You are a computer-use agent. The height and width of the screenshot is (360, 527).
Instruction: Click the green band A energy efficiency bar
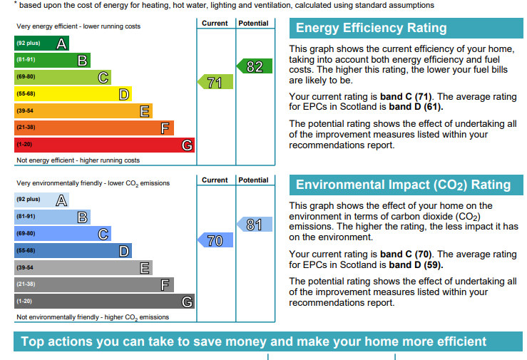coord(41,43)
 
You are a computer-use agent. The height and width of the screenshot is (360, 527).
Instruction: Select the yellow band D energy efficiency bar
coord(73,94)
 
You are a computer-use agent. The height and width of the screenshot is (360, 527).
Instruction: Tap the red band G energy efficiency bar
coord(104,145)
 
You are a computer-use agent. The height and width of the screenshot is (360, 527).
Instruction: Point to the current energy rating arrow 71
coord(215,83)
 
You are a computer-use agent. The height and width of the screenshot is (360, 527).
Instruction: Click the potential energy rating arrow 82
coord(255,67)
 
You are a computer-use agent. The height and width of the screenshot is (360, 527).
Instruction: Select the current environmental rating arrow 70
coord(215,241)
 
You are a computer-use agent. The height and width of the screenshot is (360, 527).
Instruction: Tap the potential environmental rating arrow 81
coord(255,225)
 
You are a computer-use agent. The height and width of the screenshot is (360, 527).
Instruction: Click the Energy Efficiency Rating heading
coord(371,29)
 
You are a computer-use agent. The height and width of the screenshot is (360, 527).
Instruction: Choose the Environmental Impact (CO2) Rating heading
coord(403,185)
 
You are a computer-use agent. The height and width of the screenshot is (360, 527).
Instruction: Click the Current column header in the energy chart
coord(215,24)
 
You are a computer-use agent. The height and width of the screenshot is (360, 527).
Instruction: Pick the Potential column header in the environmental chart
coord(254,180)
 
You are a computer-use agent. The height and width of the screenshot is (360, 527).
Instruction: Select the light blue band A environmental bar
coord(41,200)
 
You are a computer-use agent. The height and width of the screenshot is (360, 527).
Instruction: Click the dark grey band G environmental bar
coord(104,302)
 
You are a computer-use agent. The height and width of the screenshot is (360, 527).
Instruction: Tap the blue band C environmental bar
coord(62,234)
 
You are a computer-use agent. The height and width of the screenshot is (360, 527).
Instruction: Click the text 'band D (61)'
coord(415,107)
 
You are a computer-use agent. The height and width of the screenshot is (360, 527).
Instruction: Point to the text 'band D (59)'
coord(415,264)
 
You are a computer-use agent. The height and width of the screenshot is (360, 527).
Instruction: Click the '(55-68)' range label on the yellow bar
coord(26,94)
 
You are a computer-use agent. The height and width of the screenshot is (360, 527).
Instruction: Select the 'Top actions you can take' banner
coord(263,341)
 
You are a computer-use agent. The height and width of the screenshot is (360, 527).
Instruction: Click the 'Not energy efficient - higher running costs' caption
coord(78,160)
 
